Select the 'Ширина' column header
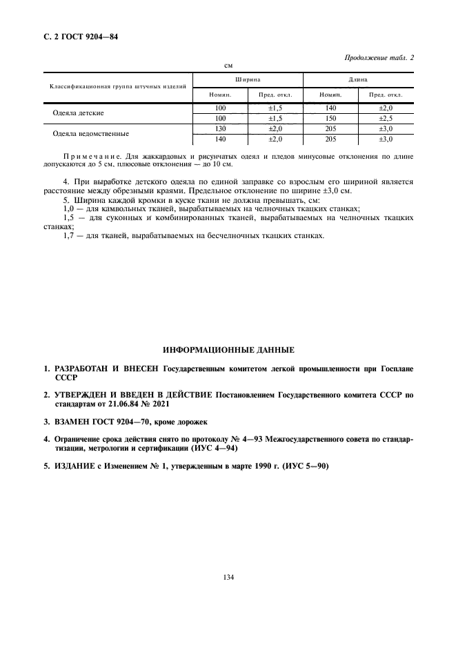click(248, 80)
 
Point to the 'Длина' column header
click(357, 80)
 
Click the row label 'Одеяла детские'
click(79, 112)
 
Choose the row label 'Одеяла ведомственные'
click(90, 133)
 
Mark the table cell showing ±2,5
click(385, 118)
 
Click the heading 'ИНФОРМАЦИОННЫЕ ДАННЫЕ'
click(228, 351)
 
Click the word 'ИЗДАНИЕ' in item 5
click(71, 466)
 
